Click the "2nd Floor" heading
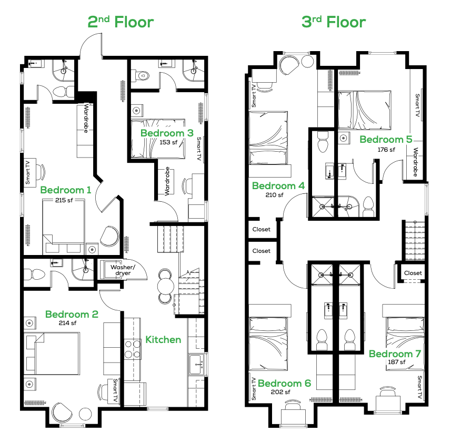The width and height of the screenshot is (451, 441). [121, 22]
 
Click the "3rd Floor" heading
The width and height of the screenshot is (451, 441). [333, 22]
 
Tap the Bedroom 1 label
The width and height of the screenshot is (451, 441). [66, 190]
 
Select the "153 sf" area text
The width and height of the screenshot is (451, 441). [168, 142]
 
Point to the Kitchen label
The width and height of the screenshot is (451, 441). [163, 340]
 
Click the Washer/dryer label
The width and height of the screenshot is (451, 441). [123, 270]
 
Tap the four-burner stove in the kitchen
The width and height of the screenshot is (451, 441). [133, 349]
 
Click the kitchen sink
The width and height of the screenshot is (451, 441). [197, 365]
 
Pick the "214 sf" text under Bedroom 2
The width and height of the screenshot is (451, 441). [67, 323]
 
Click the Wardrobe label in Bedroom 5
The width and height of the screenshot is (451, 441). [415, 162]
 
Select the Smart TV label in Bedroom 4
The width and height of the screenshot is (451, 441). [254, 96]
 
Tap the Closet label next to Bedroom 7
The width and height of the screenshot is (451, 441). [413, 273]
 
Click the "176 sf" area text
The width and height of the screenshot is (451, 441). [386, 150]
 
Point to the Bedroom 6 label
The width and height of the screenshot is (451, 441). [284, 384]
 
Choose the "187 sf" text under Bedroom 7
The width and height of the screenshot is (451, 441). [397, 362]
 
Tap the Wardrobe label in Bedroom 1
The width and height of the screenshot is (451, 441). [86, 118]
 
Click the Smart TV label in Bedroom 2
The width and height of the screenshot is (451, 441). [115, 390]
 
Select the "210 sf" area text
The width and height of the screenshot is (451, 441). [274, 195]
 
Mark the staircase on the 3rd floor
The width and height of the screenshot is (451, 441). [415, 241]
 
